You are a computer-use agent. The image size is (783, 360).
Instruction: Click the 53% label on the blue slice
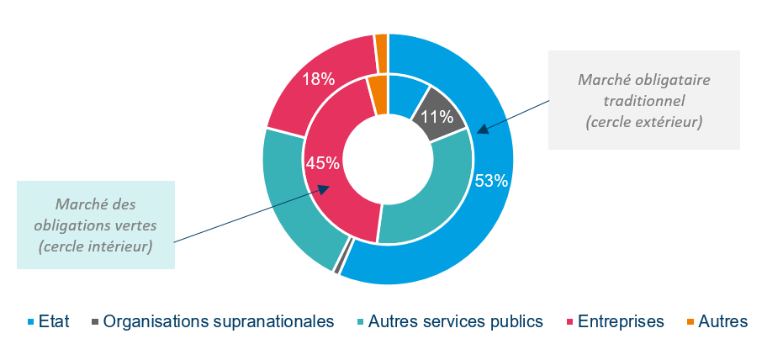pyautogui.click(x=491, y=181)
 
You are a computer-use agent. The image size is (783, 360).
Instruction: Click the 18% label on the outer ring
pyautogui.click(x=320, y=80)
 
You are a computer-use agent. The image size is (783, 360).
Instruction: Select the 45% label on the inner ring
pyautogui.click(x=322, y=163)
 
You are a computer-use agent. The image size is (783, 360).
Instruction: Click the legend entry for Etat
pyautogui.click(x=50, y=321)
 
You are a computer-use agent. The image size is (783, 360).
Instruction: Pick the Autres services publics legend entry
pyautogui.click(x=451, y=321)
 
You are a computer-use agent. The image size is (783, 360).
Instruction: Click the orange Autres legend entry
pyautogui.click(x=717, y=321)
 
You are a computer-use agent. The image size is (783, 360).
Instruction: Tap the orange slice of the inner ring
pyautogui.click(x=378, y=94)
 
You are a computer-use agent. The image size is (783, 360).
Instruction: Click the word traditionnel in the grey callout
pyautogui.click(x=644, y=101)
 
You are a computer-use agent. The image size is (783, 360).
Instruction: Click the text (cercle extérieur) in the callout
pyautogui.click(x=644, y=123)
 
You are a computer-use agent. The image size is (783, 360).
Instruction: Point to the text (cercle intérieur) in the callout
pyautogui.click(x=96, y=247)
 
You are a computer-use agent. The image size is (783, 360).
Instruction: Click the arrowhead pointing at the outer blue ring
pyautogui.click(x=482, y=130)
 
